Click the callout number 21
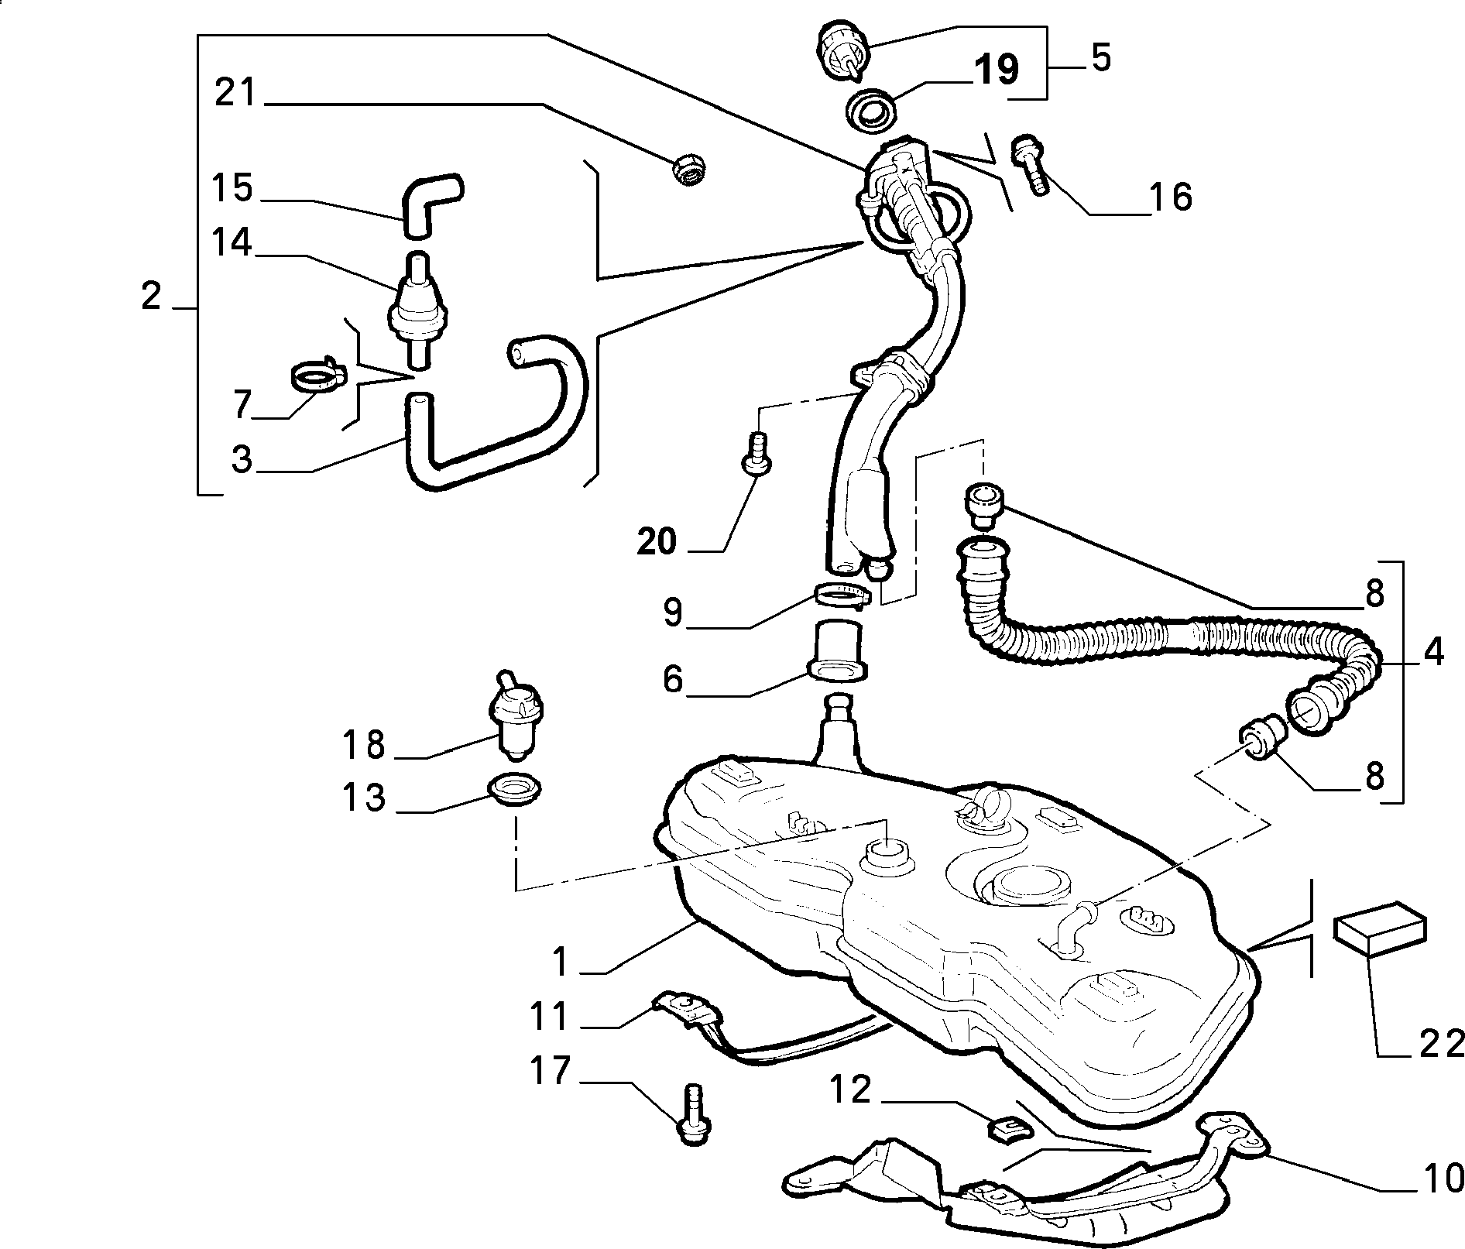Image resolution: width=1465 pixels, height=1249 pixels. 235,93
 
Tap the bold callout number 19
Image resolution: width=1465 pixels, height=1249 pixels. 996,70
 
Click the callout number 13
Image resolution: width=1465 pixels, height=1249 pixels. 364,797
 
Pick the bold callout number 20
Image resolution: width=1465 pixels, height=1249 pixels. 657,542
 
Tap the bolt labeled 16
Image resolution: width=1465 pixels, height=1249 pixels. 1031,164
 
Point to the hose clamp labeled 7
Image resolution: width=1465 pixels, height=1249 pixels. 315,377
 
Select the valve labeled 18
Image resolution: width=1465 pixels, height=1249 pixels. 515,715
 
